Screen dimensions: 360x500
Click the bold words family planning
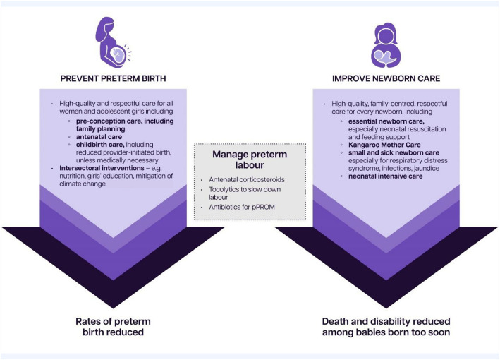(102, 129)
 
